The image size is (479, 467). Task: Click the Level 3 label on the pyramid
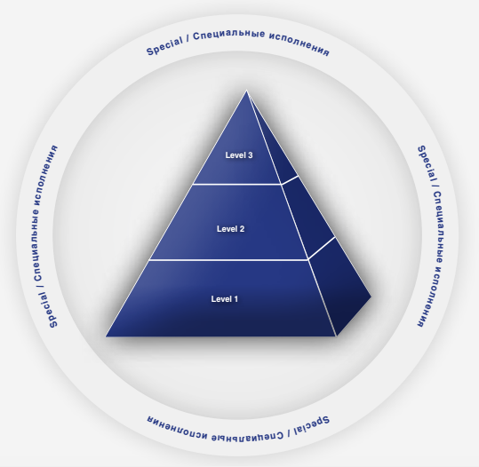click(239, 155)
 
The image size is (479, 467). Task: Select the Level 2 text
click(231, 229)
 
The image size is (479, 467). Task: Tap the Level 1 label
click(225, 299)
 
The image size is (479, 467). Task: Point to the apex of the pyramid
click(247, 91)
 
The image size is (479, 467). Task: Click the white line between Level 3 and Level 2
click(236, 185)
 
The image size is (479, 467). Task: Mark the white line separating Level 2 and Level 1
click(228, 260)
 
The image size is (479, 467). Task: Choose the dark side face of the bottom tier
click(339, 287)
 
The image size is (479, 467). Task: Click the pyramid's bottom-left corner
click(106, 336)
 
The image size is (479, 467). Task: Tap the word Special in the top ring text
click(164, 46)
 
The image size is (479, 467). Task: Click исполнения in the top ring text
click(299, 44)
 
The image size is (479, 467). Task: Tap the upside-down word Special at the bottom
click(312, 426)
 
